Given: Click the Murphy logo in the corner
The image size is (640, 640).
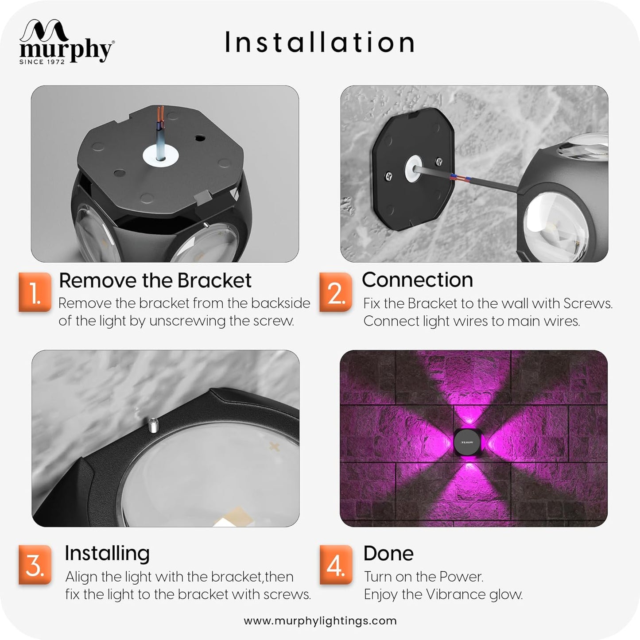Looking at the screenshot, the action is click(x=66, y=42).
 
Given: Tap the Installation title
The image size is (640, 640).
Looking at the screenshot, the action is click(x=320, y=42).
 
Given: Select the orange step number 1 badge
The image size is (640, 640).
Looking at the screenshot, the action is click(x=35, y=292).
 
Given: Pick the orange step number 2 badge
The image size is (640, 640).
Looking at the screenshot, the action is click(x=336, y=292).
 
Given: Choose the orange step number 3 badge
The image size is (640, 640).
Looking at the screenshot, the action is click(x=35, y=565).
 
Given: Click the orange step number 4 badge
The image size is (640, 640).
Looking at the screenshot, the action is click(x=336, y=565).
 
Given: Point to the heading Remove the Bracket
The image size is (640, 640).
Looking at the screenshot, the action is click(x=155, y=280).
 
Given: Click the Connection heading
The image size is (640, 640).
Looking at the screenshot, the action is click(x=418, y=279).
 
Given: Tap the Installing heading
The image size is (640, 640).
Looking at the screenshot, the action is click(x=107, y=554).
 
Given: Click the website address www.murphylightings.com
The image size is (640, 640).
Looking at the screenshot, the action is click(x=320, y=621).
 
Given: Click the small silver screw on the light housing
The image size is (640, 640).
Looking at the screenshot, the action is click(x=153, y=425).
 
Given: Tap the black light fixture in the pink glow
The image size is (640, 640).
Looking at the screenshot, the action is click(x=467, y=442).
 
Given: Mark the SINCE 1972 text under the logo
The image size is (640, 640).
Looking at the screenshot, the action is click(x=42, y=62).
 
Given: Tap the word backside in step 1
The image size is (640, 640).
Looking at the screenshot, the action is click(x=281, y=303).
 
